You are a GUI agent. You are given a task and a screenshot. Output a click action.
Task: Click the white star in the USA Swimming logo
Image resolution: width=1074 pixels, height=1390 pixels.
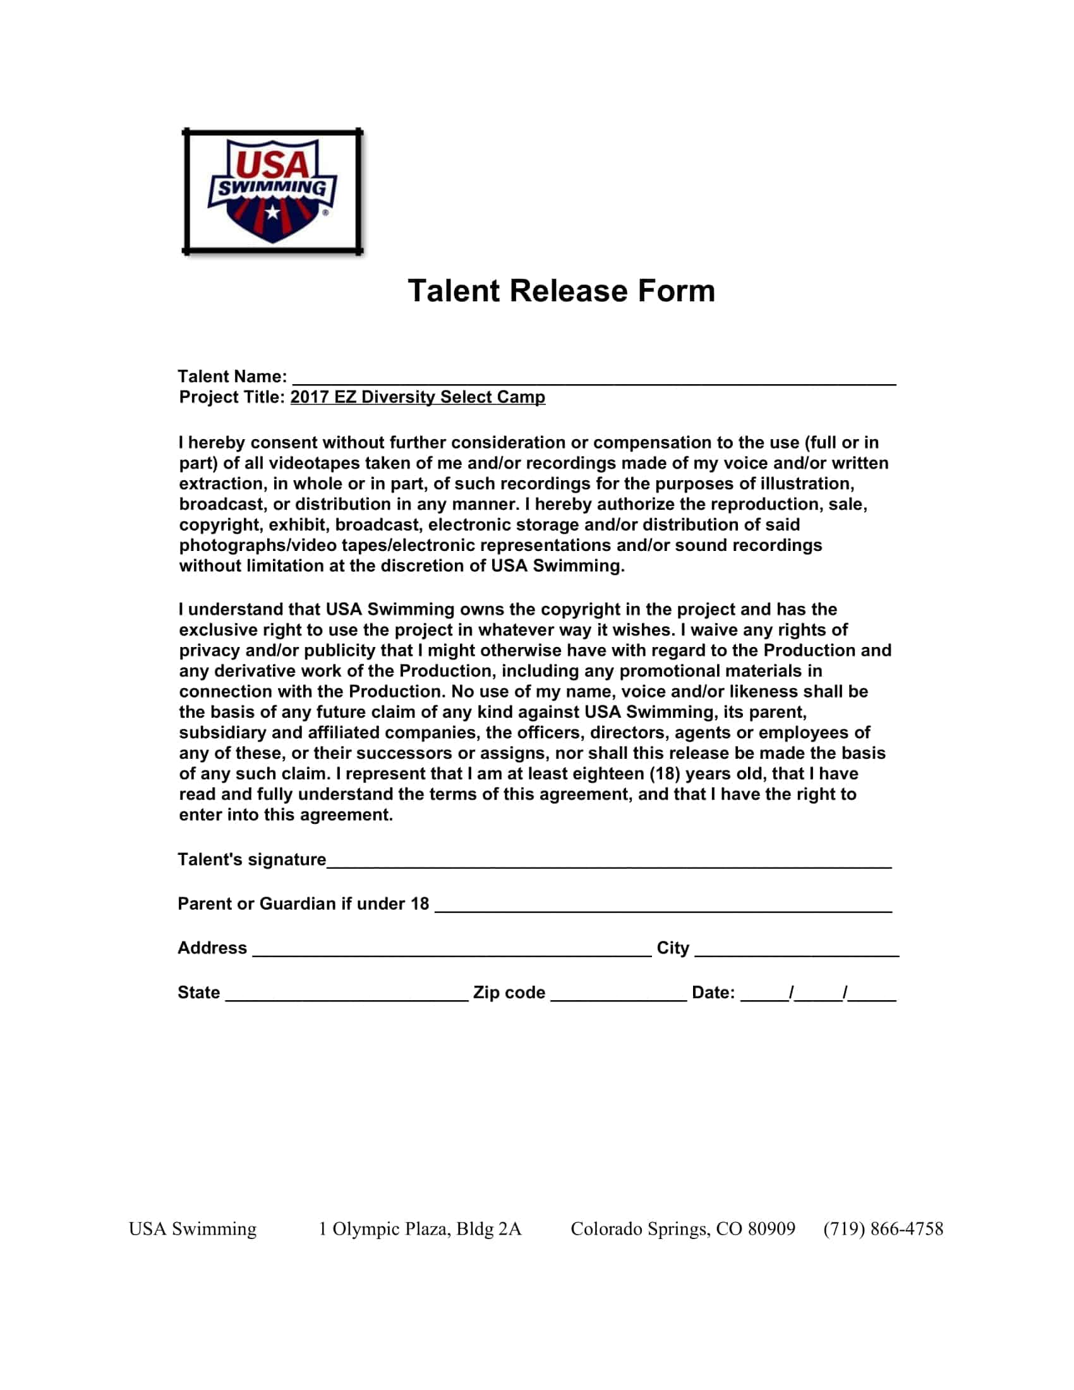point(272,211)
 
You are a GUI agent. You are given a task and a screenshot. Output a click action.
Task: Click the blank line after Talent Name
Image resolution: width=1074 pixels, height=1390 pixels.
point(593,379)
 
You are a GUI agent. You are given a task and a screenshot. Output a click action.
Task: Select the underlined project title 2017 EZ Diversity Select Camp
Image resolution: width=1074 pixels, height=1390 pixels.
point(418,397)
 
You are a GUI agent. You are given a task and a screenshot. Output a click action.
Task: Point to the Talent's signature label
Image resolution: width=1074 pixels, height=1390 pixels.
point(251,860)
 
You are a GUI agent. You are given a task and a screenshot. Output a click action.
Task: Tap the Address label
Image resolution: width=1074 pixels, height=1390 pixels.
point(212,948)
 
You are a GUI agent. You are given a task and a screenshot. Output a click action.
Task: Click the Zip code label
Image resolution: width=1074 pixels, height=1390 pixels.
point(509,993)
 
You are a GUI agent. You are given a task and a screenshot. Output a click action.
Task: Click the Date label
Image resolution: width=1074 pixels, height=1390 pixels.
point(713,993)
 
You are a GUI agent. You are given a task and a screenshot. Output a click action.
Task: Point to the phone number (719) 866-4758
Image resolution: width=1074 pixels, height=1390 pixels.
point(883,1229)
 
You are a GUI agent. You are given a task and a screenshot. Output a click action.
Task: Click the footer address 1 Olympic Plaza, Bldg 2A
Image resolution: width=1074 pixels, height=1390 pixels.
point(419,1229)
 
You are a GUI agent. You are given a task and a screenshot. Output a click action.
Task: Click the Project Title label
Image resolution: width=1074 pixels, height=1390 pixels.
point(232,397)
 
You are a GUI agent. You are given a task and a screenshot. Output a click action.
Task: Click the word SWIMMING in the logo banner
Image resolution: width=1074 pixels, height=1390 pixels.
point(272,188)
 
